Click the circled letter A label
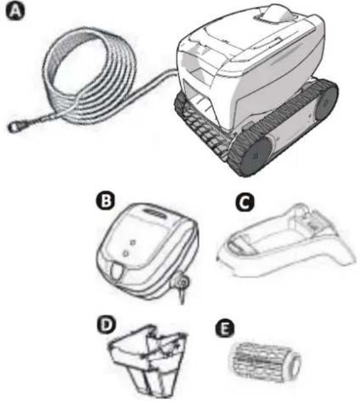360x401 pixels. [x=15, y=12]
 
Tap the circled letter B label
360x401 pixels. [x=105, y=201]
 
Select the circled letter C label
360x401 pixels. [x=244, y=202]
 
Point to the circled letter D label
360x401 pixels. [x=106, y=325]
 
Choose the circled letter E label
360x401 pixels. [x=225, y=329]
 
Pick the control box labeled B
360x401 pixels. [x=147, y=252]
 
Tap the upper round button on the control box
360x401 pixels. [x=132, y=241]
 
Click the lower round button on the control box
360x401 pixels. [x=125, y=253]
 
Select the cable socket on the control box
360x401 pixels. [x=182, y=282]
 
